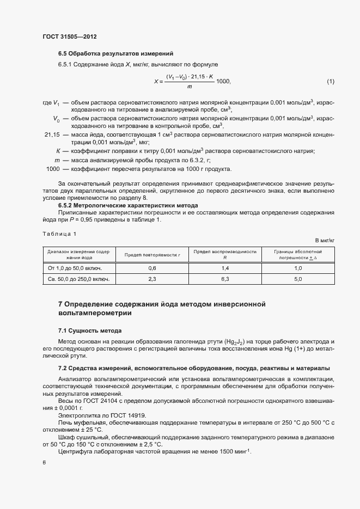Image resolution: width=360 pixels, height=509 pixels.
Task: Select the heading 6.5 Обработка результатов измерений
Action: (x=115, y=53)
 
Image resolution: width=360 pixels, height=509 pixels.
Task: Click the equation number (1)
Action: (x=330, y=82)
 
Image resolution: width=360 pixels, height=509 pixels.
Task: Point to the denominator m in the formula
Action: (x=189, y=87)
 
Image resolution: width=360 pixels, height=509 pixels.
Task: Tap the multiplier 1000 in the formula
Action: (x=223, y=82)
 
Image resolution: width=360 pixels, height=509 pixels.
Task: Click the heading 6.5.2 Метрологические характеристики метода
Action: (x=127, y=205)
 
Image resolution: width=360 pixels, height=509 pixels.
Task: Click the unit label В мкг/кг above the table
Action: (x=325, y=240)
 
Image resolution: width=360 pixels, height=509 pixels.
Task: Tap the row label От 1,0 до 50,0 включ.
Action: (x=75, y=268)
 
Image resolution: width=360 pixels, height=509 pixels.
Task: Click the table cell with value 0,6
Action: (x=152, y=268)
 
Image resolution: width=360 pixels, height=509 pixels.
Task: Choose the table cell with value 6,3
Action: (x=225, y=279)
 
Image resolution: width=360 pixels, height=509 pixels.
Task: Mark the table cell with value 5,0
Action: (x=298, y=279)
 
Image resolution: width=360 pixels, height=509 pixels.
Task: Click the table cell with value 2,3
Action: (x=152, y=279)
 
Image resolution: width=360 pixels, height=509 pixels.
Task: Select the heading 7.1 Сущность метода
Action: (x=90, y=330)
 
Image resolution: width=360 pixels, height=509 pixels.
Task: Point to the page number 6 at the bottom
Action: (x=44, y=462)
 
